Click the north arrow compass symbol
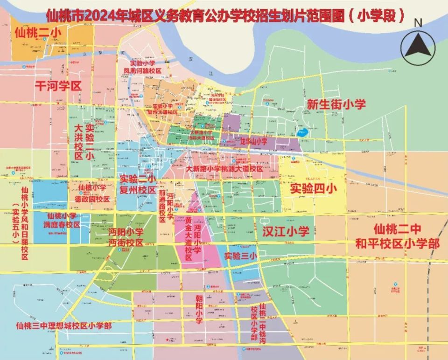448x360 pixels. coord(420,47)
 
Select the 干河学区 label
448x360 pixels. coord(58,86)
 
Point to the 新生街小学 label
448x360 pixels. coord(336,104)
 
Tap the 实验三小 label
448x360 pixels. coord(240,256)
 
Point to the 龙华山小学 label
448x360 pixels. coord(253,141)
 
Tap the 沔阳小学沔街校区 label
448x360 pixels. coord(126,237)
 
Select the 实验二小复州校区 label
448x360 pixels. coord(138,185)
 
